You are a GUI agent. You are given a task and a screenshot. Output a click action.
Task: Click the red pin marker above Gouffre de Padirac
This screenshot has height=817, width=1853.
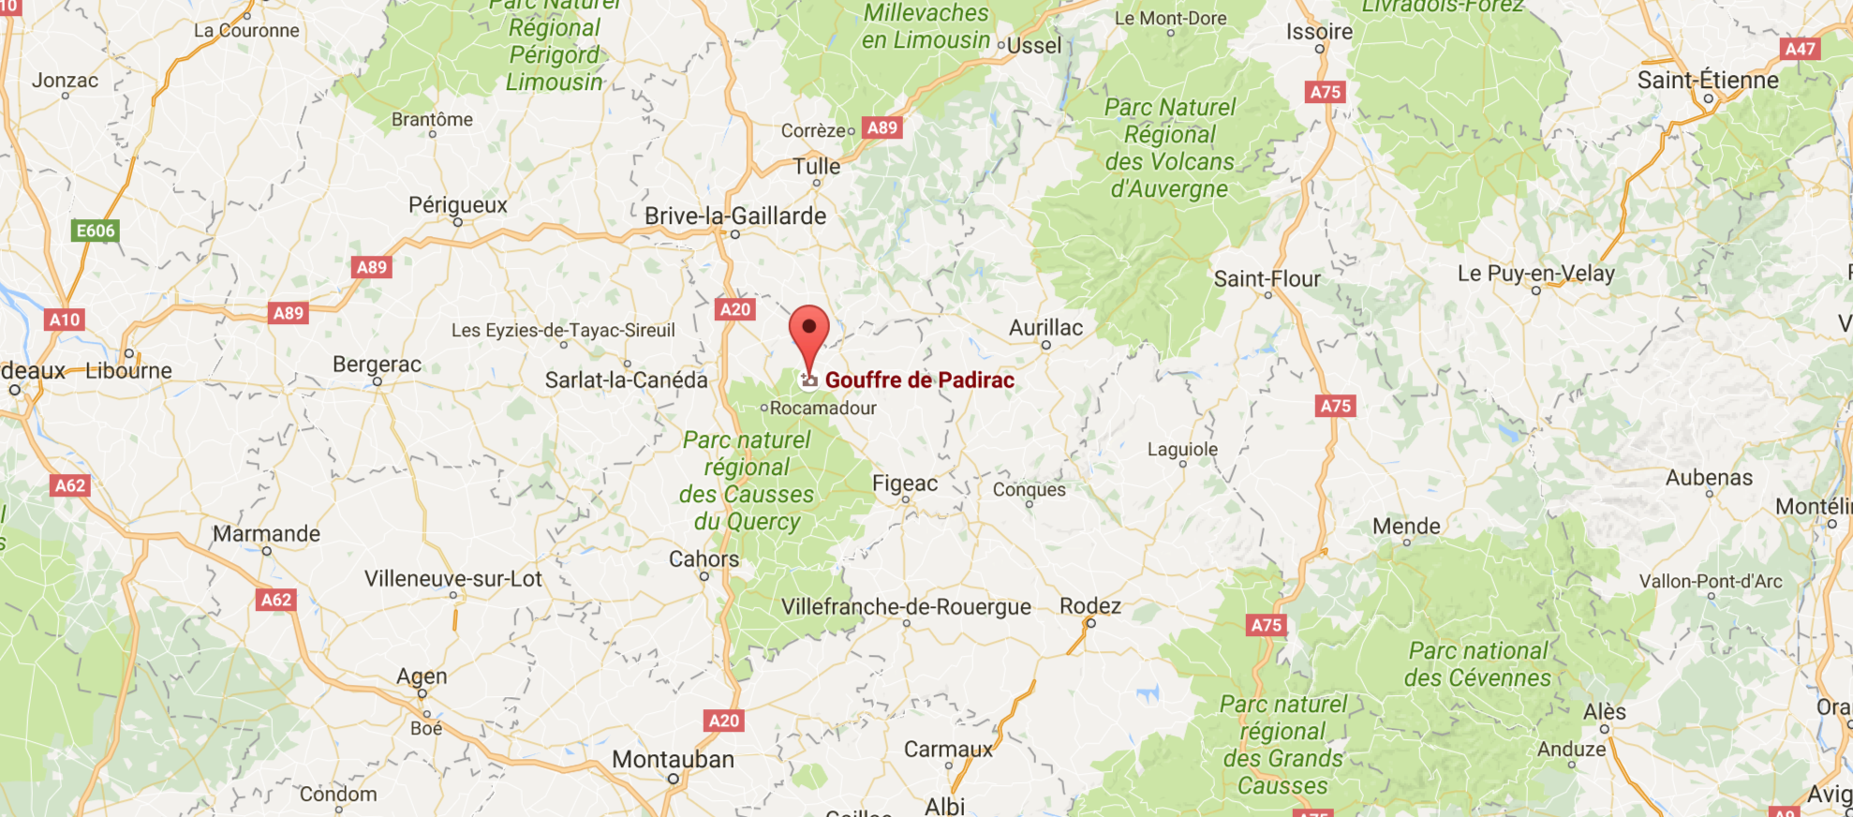[809, 334]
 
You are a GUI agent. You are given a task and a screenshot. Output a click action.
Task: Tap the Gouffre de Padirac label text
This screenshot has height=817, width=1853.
[919, 380]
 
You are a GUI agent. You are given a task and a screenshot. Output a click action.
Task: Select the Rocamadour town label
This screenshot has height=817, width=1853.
[823, 408]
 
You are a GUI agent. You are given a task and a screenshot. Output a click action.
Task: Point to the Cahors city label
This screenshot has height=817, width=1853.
[704, 559]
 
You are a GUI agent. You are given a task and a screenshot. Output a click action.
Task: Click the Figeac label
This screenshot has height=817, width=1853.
[905, 483]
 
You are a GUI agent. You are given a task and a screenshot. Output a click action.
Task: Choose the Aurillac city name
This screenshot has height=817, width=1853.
[1045, 328]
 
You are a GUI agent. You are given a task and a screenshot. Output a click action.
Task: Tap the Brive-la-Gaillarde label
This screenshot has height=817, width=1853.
[735, 216]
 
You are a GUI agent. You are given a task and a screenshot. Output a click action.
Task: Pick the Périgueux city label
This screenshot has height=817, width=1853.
[458, 205]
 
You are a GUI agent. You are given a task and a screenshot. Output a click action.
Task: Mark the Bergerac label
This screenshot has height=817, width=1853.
[378, 364]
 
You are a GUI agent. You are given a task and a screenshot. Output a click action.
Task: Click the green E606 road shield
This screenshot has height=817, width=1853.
[96, 231]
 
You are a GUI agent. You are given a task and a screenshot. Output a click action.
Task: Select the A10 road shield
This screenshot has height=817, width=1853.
[65, 319]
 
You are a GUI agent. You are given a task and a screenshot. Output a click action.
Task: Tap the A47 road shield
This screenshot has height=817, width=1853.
[1800, 50]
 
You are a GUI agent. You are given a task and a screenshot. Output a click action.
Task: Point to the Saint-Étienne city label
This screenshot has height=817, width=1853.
[1708, 81]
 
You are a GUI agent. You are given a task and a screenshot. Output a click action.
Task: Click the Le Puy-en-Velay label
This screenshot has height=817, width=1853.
[1536, 274]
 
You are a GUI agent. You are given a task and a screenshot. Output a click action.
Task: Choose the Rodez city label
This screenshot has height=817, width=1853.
[1090, 606]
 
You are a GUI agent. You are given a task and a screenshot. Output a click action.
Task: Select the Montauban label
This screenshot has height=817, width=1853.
[673, 760]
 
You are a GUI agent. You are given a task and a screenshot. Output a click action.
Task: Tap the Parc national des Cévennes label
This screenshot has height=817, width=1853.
[1478, 664]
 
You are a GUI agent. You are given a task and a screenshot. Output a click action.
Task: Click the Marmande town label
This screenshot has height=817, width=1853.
[266, 534]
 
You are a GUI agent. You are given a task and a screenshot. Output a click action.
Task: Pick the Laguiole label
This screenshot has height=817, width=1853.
[1183, 450]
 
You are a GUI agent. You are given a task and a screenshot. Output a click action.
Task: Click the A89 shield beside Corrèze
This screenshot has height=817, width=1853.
[882, 128]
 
